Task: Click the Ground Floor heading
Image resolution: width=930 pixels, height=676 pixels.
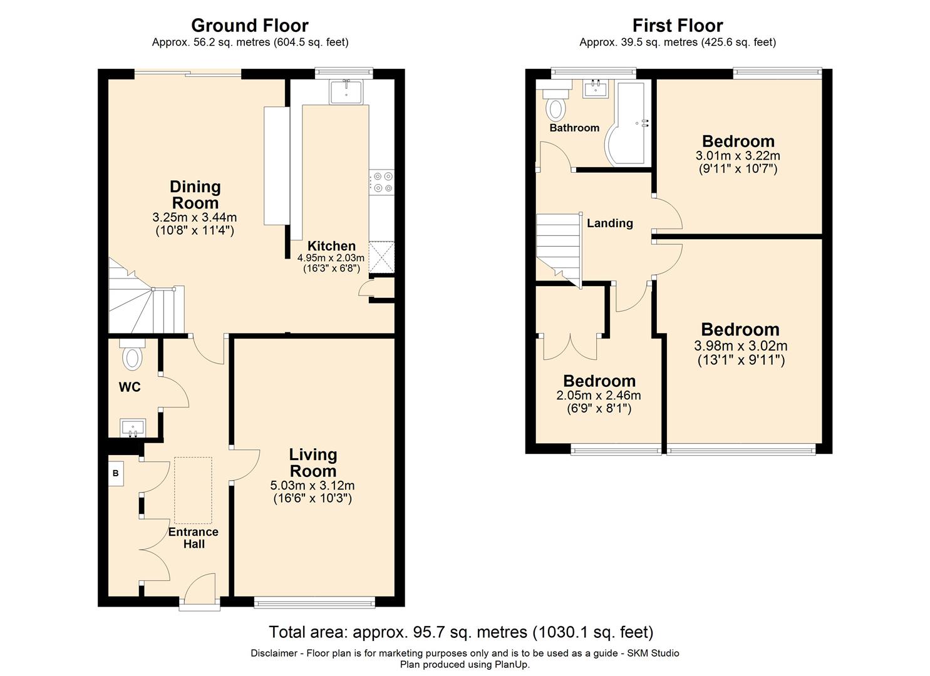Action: [249, 26]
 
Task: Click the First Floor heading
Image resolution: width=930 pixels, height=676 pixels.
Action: [678, 26]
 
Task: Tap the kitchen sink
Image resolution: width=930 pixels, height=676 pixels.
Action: [346, 92]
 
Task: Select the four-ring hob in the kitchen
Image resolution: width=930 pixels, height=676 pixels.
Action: [382, 182]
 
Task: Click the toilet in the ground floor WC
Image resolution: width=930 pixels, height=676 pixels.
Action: [132, 354]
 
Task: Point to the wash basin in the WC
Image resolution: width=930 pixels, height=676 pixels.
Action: [133, 428]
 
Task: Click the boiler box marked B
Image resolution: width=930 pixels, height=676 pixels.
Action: [116, 473]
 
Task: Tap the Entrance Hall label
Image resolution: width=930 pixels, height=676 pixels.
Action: [194, 538]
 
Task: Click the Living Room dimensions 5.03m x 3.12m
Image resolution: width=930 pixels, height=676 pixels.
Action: [313, 485]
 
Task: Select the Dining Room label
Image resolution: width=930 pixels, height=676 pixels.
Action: [195, 195]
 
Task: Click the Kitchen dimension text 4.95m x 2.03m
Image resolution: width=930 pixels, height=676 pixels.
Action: [331, 258]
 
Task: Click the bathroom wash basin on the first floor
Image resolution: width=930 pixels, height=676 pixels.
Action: [596, 89]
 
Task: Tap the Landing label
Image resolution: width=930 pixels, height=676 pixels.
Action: [610, 223]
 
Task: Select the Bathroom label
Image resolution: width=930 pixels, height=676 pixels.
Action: [575, 128]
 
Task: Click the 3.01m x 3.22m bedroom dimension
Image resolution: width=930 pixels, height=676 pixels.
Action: [738, 156]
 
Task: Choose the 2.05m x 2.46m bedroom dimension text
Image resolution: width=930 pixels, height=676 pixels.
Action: [599, 396]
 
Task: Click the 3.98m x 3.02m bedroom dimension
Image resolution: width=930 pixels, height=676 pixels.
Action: [741, 346]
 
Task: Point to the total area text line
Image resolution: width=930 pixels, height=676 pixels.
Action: [462, 632]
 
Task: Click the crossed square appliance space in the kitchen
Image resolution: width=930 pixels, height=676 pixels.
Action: [381, 257]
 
